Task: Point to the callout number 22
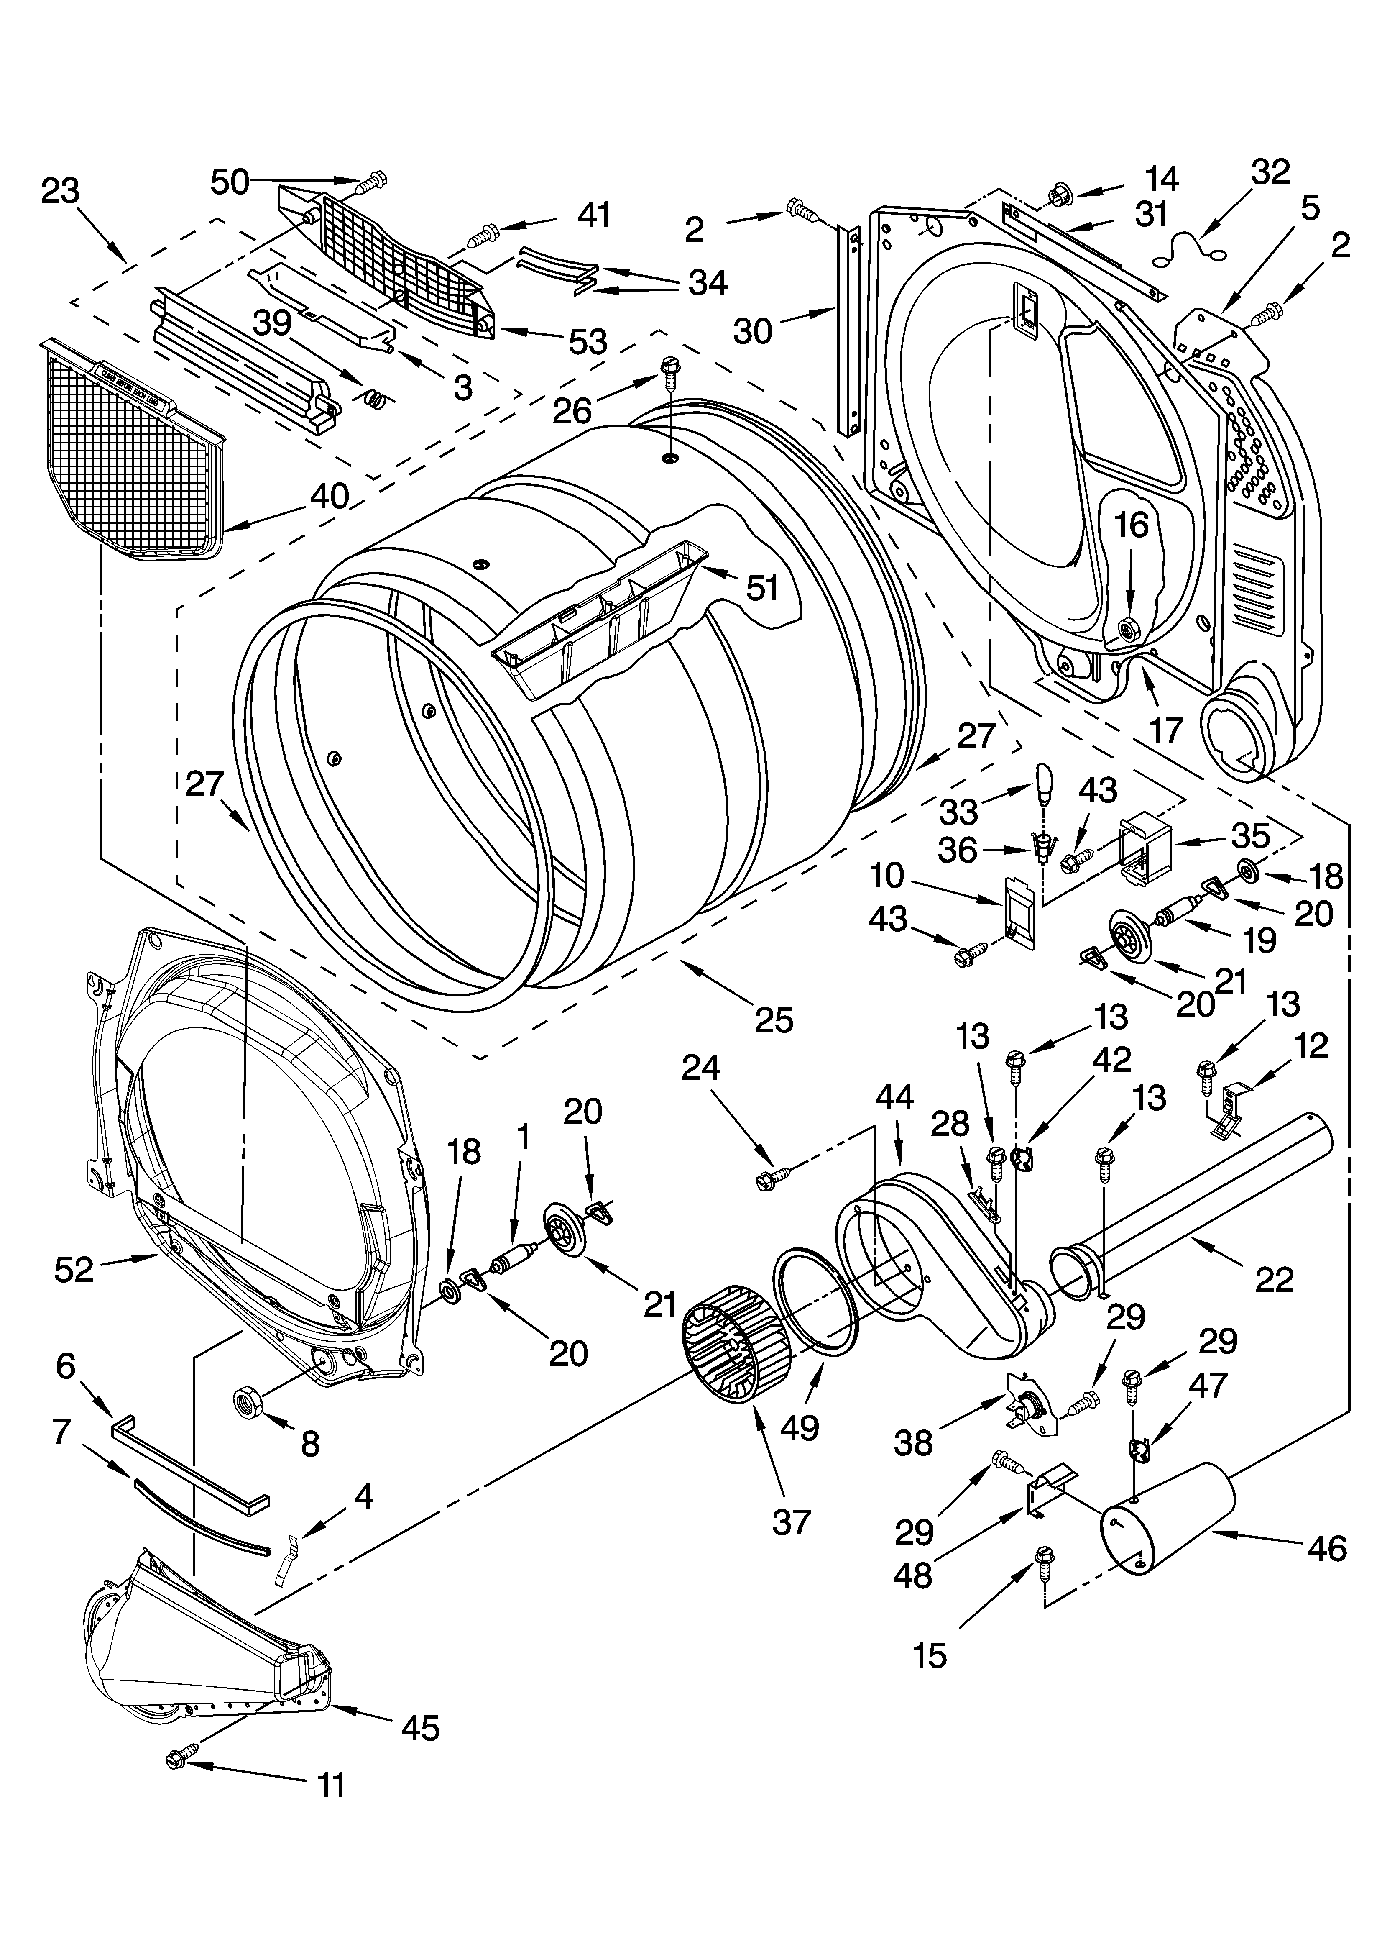coord(1275,1279)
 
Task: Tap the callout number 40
coord(329,495)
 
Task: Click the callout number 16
coord(1132,526)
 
